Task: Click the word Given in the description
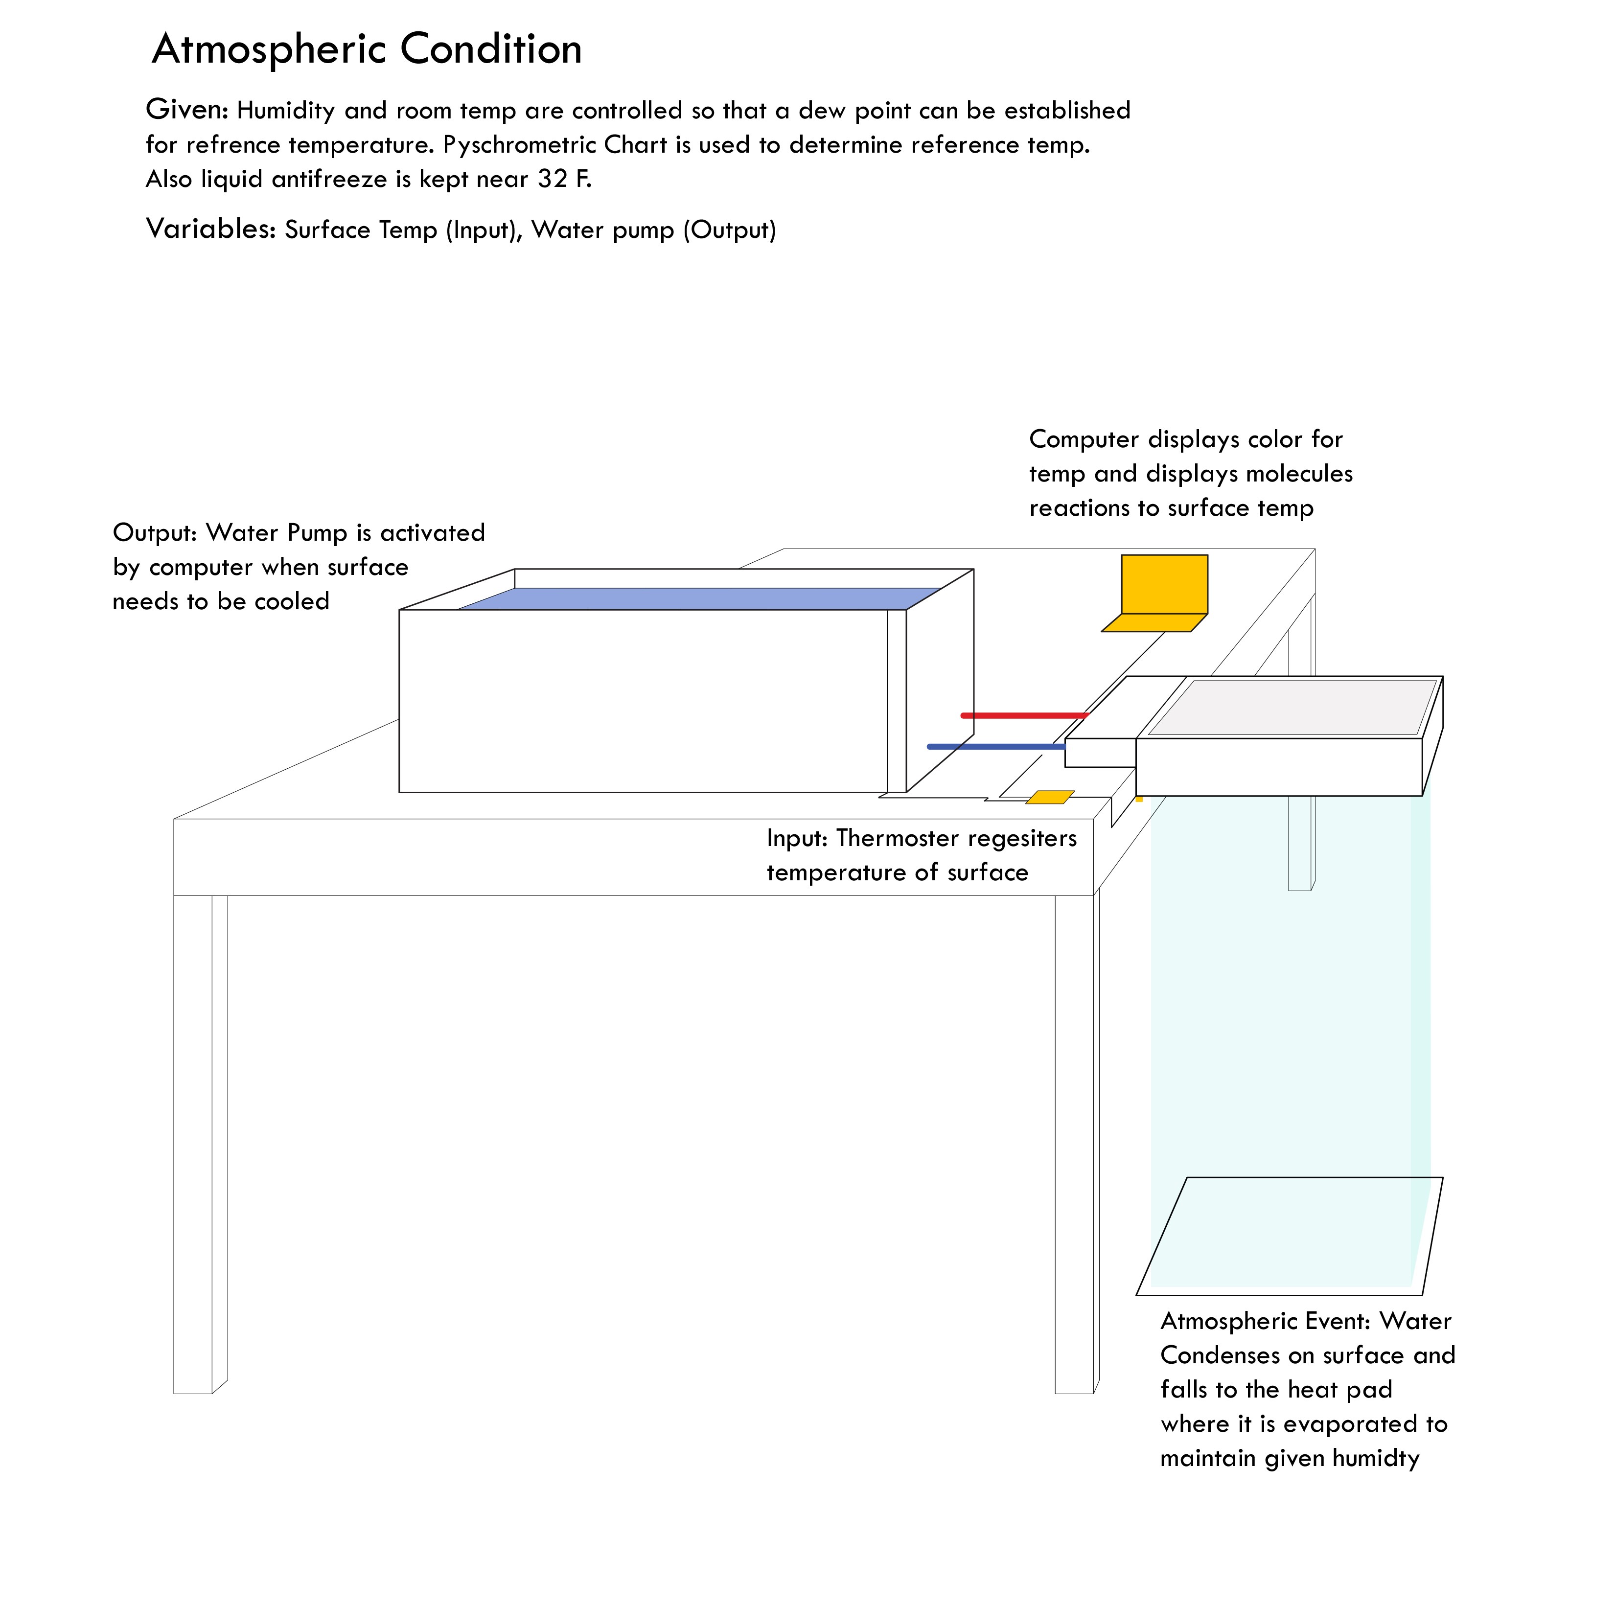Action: (185, 110)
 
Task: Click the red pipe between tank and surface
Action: (1024, 715)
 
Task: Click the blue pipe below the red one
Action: (995, 747)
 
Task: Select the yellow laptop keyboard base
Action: (1154, 623)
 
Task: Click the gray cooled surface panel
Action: (1292, 707)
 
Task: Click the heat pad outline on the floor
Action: (1287, 1237)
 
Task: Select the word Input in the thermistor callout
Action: (797, 838)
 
